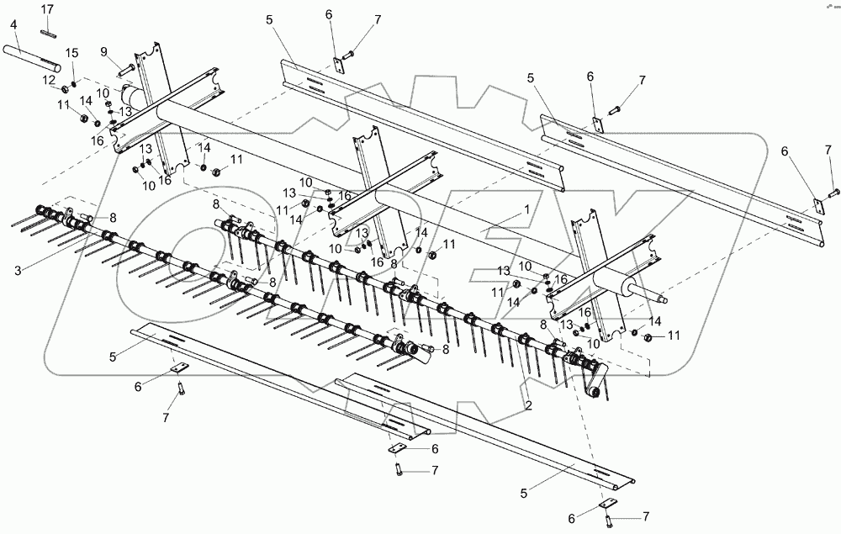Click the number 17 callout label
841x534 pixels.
[47, 8]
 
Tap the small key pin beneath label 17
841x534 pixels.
[48, 34]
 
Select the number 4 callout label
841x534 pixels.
[14, 25]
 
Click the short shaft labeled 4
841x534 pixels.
[34, 61]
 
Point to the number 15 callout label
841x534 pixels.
[72, 53]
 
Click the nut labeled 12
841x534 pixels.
[64, 88]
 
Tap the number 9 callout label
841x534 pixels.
[104, 51]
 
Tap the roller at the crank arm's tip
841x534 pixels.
[592, 393]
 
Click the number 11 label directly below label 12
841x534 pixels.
[63, 105]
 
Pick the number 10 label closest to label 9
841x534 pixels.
[103, 92]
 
